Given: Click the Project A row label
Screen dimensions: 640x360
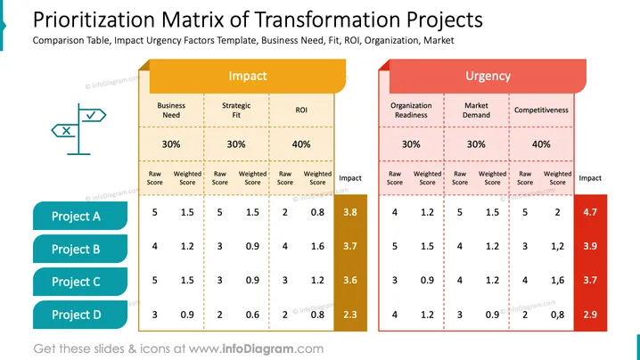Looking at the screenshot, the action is click(80, 216).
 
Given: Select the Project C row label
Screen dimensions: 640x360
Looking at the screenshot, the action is click(80, 282).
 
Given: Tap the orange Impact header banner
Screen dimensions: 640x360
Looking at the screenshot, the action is click(247, 76).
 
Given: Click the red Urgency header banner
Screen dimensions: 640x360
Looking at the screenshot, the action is click(488, 76).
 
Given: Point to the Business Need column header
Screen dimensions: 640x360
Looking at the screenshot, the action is click(171, 110).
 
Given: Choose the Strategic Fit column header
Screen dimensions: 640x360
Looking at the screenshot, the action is click(236, 110).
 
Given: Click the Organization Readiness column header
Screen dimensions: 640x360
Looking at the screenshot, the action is click(411, 110).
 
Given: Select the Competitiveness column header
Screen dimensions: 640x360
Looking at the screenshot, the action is click(541, 110).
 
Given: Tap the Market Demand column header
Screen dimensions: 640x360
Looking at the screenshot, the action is click(476, 110).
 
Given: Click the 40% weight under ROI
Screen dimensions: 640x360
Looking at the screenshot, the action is click(301, 144).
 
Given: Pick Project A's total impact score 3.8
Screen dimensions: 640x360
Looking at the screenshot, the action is click(350, 212).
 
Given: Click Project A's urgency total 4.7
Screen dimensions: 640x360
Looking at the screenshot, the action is click(590, 212).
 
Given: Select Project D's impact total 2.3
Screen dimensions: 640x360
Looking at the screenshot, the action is click(350, 315).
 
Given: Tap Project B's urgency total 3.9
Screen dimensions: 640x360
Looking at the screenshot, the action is click(590, 246).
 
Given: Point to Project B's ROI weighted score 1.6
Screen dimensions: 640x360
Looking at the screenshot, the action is click(317, 246).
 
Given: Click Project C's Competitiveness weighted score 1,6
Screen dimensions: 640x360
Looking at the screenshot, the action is click(558, 281).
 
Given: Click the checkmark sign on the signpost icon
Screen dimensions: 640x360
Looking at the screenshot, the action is click(92, 116).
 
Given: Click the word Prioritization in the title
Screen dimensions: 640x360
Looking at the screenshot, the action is click(94, 20).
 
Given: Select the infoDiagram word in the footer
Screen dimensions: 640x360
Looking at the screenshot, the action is click(258, 349).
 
